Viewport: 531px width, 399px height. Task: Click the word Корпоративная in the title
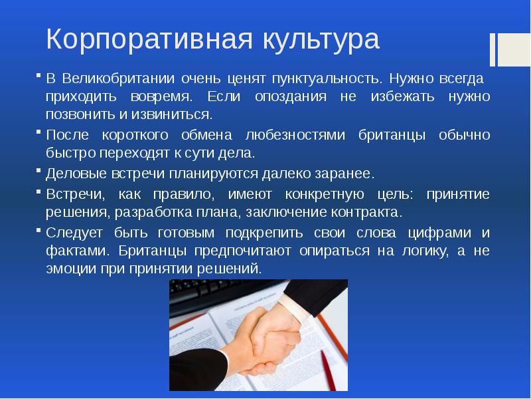pyautogui.click(x=149, y=39)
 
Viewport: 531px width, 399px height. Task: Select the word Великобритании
pyautogui.click(x=119, y=78)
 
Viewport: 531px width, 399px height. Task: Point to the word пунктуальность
pyautogui.click(x=327, y=79)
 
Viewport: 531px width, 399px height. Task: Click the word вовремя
pyautogui.click(x=161, y=97)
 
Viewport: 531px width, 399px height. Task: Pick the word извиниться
pyautogui.click(x=172, y=115)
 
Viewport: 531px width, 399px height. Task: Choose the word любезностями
pyautogui.click(x=295, y=135)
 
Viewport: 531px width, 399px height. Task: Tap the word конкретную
pyautogui.click(x=325, y=195)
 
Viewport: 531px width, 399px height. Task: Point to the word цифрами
pyautogui.click(x=439, y=233)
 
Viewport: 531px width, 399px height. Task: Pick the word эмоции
pyautogui.click(x=71, y=269)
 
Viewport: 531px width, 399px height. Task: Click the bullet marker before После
pyautogui.click(x=38, y=131)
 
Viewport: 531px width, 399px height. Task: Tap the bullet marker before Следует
pyautogui.click(x=38, y=229)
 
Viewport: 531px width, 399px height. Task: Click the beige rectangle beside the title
pyautogui.click(x=514, y=49)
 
